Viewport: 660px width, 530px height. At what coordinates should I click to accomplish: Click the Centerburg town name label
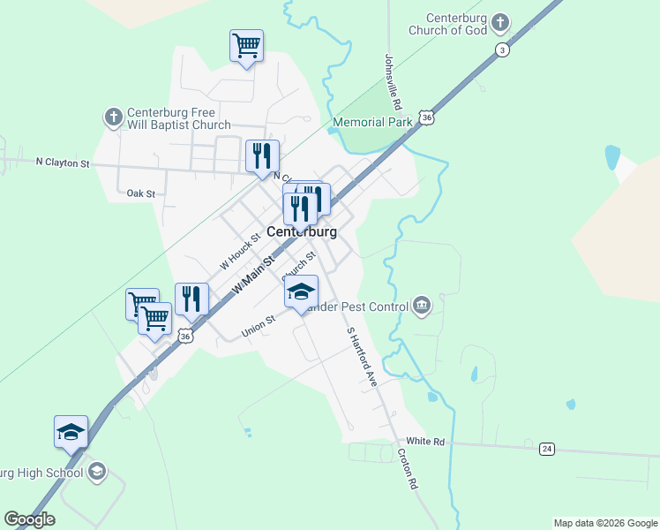(x=302, y=231)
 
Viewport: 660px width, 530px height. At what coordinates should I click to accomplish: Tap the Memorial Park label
(x=372, y=122)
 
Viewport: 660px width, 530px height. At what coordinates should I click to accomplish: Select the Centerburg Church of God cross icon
(x=500, y=22)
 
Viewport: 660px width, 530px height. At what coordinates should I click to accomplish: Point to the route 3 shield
(x=502, y=49)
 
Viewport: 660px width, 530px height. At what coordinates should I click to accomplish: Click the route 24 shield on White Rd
(x=547, y=449)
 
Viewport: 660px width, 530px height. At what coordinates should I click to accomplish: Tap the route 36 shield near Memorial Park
(x=427, y=117)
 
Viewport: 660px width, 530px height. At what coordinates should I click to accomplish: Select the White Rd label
(x=424, y=441)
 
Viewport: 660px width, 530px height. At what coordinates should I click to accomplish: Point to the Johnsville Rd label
(x=393, y=78)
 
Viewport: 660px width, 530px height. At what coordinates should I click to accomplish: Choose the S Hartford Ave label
(x=362, y=357)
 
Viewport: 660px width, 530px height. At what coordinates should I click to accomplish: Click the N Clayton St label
(x=63, y=163)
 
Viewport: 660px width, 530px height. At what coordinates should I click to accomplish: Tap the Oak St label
(x=140, y=193)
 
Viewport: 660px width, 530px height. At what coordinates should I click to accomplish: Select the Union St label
(x=259, y=327)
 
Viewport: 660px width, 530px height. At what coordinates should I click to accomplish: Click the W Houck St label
(x=240, y=251)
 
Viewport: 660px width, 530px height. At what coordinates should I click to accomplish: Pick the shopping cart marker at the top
(x=246, y=44)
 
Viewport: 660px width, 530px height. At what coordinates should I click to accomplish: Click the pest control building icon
(x=422, y=306)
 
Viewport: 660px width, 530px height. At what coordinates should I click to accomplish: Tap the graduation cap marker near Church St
(x=301, y=291)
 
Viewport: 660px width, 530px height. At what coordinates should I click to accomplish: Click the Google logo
(x=29, y=519)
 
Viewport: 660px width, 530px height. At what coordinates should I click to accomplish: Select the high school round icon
(x=96, y=471)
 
